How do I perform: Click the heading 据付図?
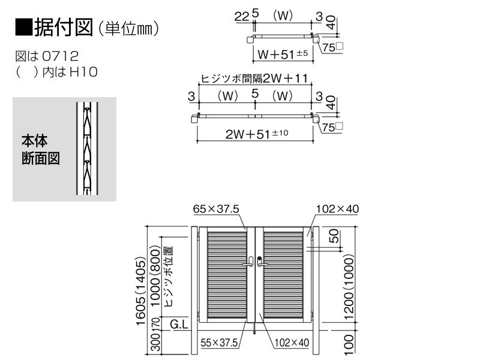[64, 28]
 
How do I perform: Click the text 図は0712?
[47, 56]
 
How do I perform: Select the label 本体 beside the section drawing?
[35, 141]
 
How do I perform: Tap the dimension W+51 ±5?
[283, 54]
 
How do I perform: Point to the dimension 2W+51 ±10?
[257, 134]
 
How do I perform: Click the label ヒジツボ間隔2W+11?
[254, 79]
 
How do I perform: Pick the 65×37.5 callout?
[216, 209]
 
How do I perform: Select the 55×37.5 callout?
[219, 343]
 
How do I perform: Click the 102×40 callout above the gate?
[337, 209]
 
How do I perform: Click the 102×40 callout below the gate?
[292, 343]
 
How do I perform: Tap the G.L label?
[179, 324]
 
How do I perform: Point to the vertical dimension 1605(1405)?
[141, 291]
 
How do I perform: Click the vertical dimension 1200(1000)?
[349, 287]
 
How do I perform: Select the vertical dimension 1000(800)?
[155, 277]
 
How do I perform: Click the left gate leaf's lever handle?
[248, 263]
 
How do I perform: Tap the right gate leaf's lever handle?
[262, 262]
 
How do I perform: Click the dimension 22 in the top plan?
[242, 17]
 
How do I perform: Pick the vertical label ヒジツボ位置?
[169, 276]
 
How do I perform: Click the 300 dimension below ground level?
[155, 342]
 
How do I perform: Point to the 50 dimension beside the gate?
[334, 236]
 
